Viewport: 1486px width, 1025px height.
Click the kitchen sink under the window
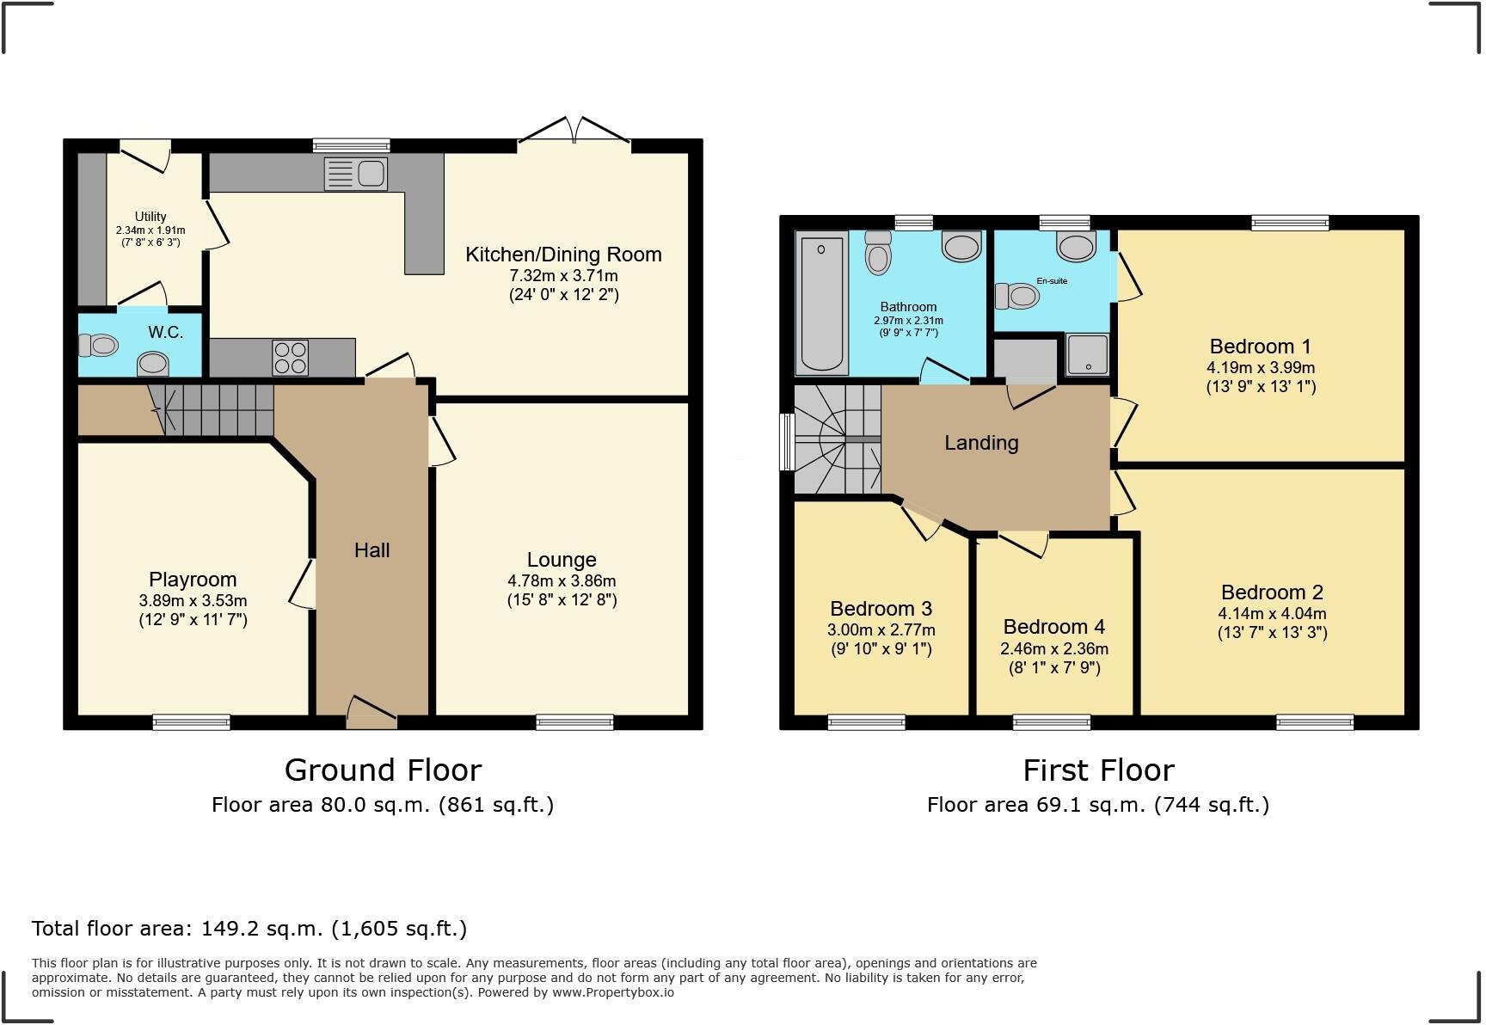coord(355,174)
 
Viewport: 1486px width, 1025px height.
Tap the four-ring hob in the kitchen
coord(290,358)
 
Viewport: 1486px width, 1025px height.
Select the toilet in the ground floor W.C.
coord(97,346)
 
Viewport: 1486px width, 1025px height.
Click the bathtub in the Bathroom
coord(821,301)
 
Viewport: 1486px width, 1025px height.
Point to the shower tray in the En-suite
coord(1088,354)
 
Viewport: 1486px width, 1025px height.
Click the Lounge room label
coord(562,560)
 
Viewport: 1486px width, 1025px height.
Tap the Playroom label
coord(193,580)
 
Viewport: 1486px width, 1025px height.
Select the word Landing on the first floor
coord(981,443)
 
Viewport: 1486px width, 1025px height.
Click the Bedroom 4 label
coord(1053,627)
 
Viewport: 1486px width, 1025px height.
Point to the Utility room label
coord(150,217)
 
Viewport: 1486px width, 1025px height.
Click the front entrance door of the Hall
coord(372,712)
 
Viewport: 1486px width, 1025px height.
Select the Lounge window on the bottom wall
coord(574,722)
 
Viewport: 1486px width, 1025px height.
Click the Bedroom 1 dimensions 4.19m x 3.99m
coord(1261,368)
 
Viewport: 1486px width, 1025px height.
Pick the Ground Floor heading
coord(383,770)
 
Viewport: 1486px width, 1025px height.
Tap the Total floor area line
coord(249,929)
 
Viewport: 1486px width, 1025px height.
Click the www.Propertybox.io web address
coord(613,992)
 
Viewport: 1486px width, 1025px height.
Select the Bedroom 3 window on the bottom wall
coord(867,722)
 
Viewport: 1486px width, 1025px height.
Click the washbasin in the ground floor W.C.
coord(153,364)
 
